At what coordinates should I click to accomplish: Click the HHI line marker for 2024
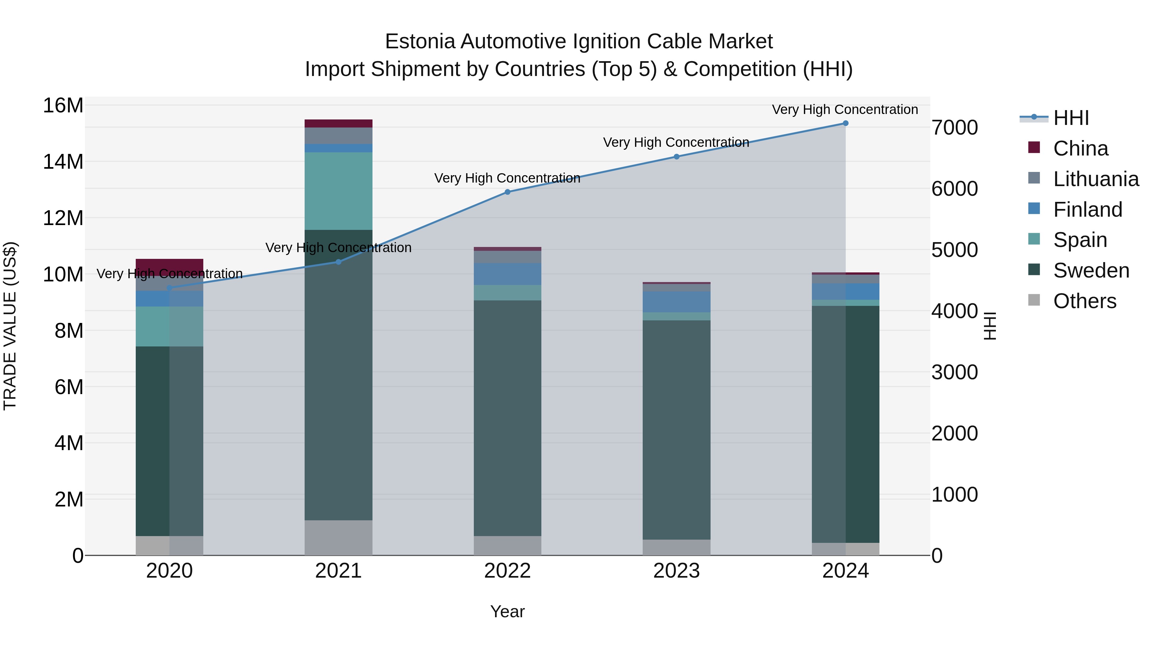coord(845,123)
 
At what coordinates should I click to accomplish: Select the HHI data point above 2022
coord(508,192)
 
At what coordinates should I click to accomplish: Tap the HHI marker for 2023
coord(676,156)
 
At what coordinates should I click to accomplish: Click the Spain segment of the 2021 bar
coord(338,191)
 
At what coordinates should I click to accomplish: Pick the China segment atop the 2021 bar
coord(338,124)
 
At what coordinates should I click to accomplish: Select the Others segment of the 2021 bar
coord(338,538)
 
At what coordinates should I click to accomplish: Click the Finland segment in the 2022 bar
coord(508,274)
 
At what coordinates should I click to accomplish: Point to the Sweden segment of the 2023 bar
coord(676,430)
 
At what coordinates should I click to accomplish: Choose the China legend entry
coord(1080,148)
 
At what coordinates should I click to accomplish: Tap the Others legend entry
coord(1084,301)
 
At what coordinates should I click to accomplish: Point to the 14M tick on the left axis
coord(63,162)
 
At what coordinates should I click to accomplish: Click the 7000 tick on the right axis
coord(954,128)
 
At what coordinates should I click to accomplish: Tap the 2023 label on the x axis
coord(676,571)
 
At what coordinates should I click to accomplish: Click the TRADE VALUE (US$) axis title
coord(10,326)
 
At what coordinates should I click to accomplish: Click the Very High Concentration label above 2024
coord(845,110)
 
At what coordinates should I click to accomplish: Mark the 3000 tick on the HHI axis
coord(954,373)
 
